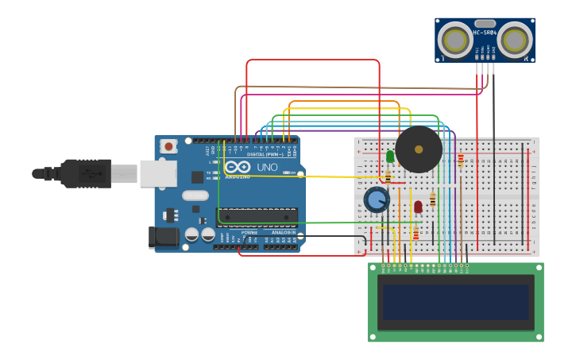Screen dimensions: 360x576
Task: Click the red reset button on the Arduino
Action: coord(168,146)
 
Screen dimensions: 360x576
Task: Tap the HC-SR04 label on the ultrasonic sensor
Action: coord(485,33)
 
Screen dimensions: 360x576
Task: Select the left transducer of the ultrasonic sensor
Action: coord(455,41)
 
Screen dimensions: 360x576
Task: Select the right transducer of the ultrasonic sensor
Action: coord(515,40)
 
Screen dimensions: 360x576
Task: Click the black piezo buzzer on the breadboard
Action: coord(419,149)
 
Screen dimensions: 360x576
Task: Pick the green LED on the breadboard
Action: coord(390,157)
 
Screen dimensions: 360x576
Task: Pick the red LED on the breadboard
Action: coord(418,207)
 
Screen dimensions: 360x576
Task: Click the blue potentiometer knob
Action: coord(377,199)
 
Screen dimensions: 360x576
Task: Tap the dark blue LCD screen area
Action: coord(455,302)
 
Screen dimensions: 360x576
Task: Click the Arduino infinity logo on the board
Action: coord(237,167)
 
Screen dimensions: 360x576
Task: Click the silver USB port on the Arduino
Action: coord(158,173)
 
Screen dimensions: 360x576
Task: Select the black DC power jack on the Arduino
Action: coord(164,236)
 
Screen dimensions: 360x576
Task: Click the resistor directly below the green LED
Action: coord(388,176)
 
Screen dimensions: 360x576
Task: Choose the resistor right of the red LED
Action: coord(432,200)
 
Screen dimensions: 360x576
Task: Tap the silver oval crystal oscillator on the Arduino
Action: coord(195,195)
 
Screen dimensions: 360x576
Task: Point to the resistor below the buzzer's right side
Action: coord(461,161)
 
